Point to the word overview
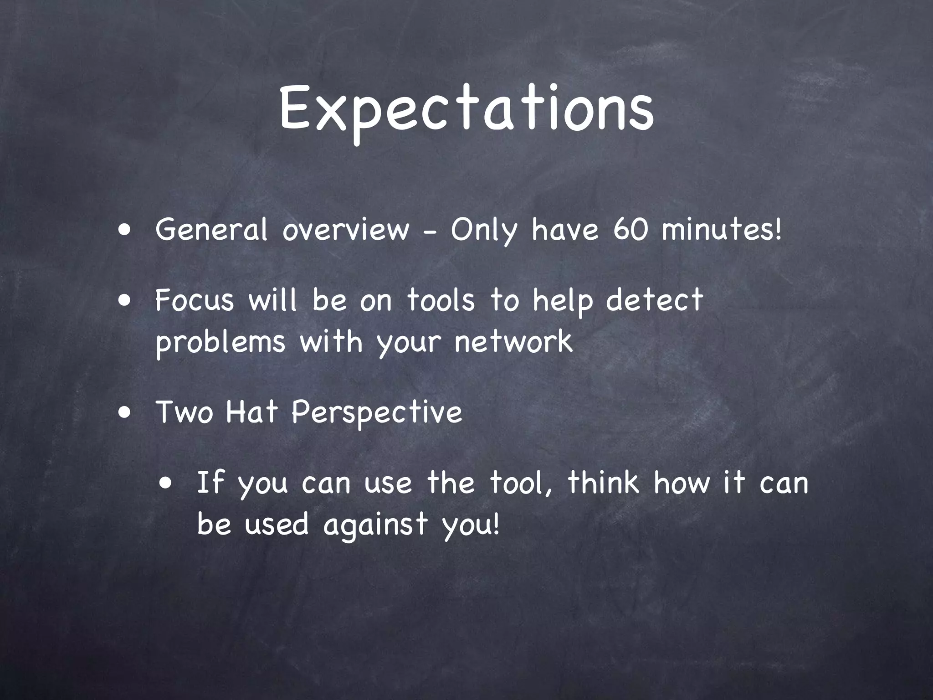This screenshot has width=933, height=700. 345,230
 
